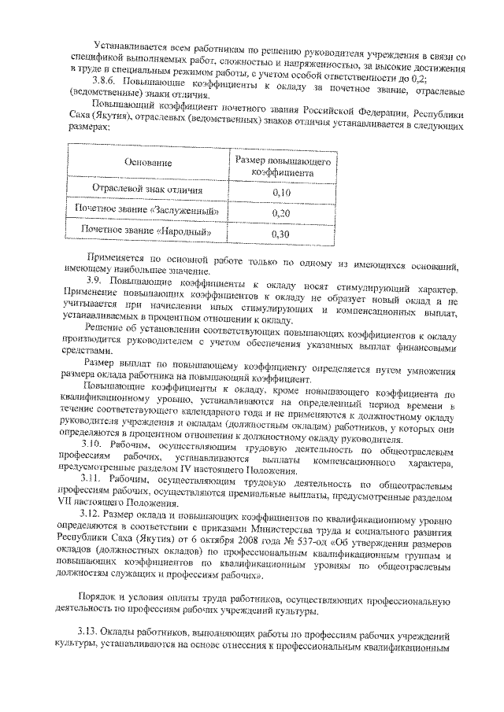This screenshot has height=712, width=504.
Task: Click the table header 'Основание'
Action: (147, 163)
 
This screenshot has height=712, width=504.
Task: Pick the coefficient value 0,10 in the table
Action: (281, 192)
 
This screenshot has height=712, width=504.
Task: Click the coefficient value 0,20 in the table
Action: (281, 212)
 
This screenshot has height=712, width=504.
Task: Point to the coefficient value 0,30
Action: (281, 234)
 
